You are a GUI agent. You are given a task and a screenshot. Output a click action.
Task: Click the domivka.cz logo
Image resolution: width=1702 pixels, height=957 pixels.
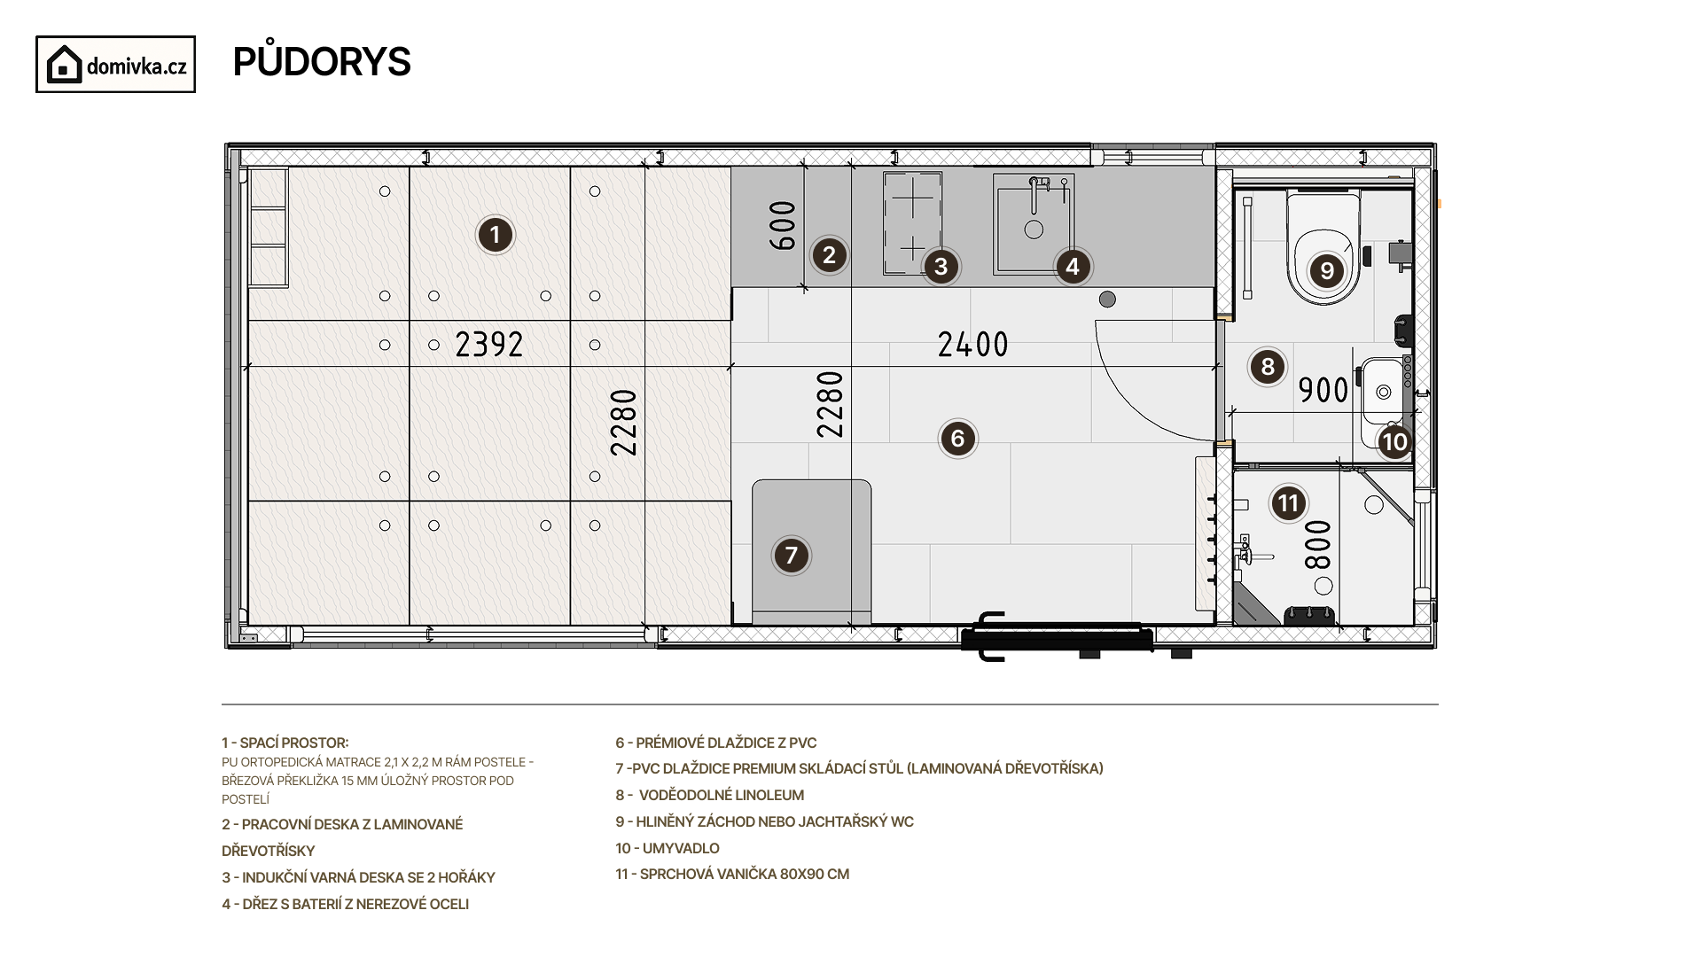click(115, 65)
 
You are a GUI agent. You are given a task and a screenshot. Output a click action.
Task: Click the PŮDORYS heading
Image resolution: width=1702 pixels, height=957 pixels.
click(322, 62)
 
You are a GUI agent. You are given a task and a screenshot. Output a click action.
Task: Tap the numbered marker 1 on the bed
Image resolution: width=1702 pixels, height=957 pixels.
click(495, 236)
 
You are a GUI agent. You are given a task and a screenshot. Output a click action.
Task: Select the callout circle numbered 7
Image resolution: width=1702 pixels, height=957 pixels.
click(792, 556)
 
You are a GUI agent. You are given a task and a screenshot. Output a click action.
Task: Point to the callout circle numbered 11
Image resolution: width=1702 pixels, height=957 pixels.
click(1288, 504)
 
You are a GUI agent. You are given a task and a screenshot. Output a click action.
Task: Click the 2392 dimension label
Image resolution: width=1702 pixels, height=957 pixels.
click(489, 344)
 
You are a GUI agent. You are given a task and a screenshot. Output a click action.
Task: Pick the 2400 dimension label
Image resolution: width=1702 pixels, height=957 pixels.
click(973, 344)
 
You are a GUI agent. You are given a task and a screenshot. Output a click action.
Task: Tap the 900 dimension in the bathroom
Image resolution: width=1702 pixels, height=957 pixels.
click(1323, 390)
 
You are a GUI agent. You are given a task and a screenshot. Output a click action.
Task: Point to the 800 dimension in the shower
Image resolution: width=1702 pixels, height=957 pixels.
click(1319, 544)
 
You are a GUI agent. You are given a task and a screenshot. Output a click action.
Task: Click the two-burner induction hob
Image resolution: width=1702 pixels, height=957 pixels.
click(913, 223)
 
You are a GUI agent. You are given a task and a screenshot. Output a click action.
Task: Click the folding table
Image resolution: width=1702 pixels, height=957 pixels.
click(812, 552)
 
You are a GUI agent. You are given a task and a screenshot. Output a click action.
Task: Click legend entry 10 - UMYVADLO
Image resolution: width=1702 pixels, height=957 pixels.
click(668, 848)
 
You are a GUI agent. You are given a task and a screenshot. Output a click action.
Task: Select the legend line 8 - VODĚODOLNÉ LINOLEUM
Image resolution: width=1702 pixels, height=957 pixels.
click(709, 796)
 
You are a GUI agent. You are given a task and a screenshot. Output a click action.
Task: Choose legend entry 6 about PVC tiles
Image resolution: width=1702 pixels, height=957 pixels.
click(716, 743)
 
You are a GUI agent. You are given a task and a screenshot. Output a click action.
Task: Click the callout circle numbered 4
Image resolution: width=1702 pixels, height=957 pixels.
click(1073, 266)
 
